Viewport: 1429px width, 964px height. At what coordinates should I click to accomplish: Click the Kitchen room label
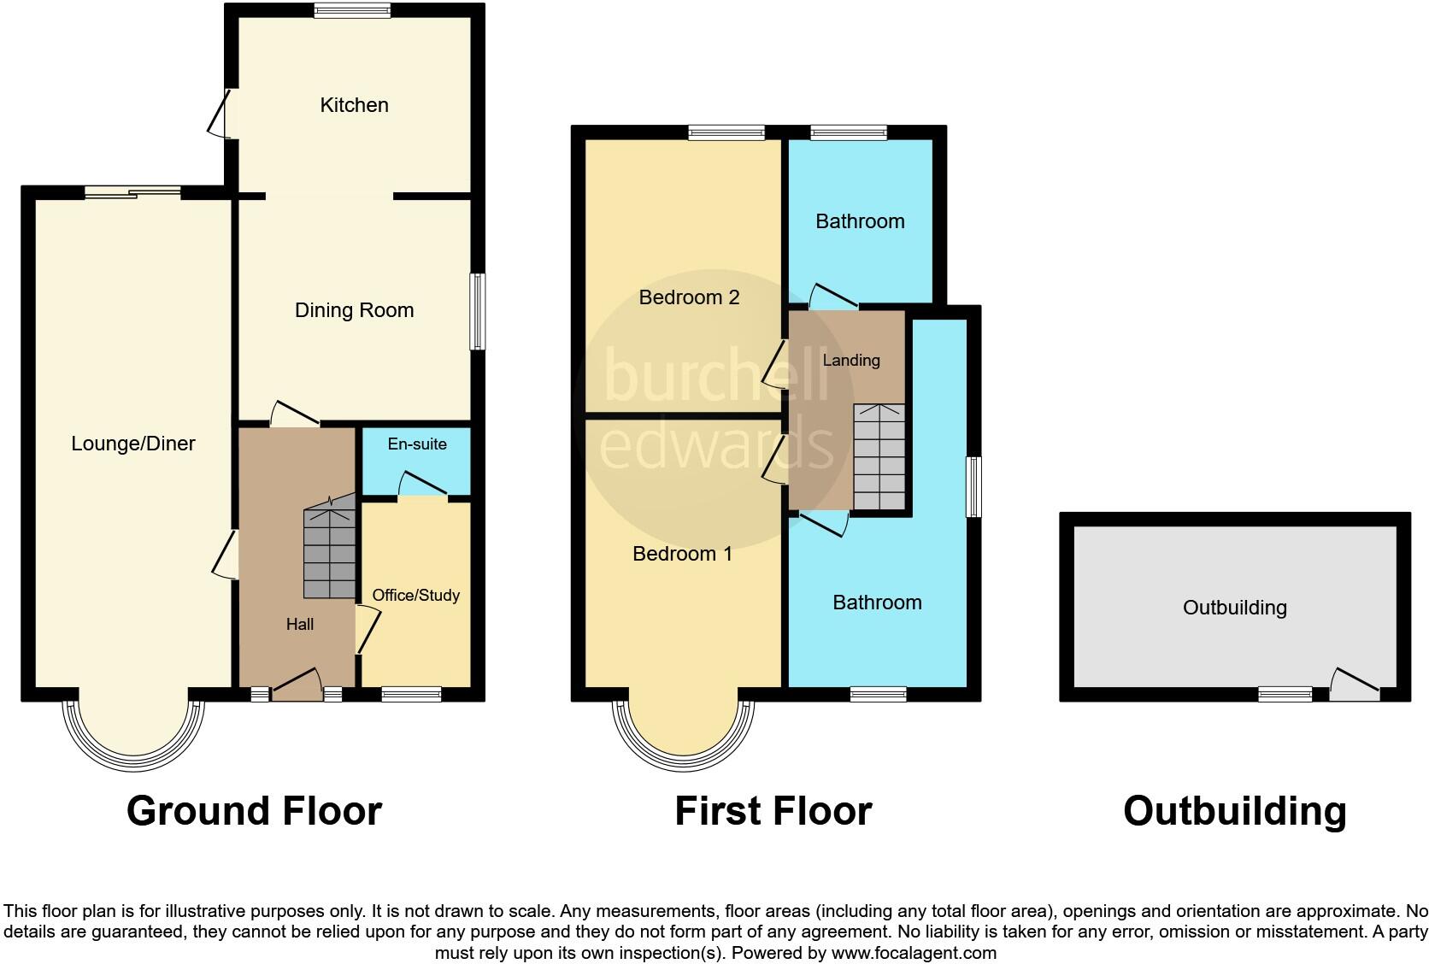[x=354, y=105]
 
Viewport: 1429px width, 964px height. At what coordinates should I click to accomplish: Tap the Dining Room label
[x=354, y=310]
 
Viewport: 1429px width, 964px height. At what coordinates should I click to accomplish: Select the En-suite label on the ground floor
[x=417, y=444]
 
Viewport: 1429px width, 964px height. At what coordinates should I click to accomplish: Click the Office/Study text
[x=416, y=595]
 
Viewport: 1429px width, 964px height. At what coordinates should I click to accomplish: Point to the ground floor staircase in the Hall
[x=330, y=551]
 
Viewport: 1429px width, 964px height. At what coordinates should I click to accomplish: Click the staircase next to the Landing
[x=879, y=458]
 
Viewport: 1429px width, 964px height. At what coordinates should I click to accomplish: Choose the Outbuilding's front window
[x=1285, y=694]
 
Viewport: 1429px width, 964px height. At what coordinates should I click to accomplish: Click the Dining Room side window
[x=479, y=311]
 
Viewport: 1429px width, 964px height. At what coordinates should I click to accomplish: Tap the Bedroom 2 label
[x=689, y=297]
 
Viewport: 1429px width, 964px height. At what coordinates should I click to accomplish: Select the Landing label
[x=850, y=360]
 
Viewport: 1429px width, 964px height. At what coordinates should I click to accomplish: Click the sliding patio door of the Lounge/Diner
[x=132, y=192]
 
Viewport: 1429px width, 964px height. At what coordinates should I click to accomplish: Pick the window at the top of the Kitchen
[x=352, y=10]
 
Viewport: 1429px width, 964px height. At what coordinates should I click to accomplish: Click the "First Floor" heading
[x=773, y=811]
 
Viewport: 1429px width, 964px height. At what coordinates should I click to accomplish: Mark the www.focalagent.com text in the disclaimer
[x=913, y=952]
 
